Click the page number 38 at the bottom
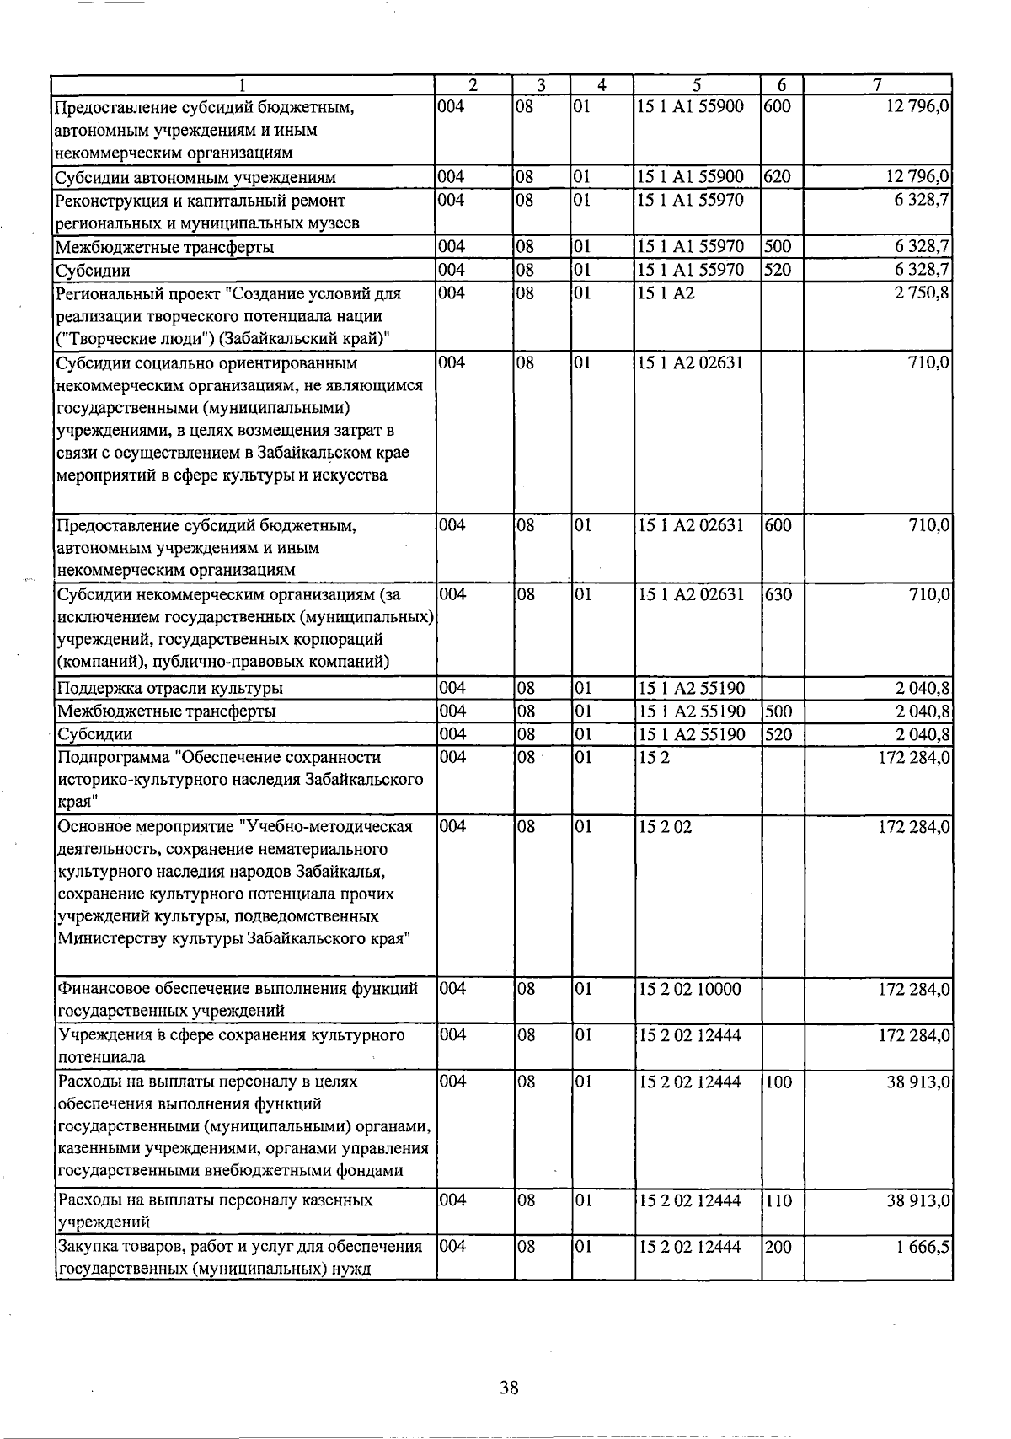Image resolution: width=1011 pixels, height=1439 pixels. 508,1387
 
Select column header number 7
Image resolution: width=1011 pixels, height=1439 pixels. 877,84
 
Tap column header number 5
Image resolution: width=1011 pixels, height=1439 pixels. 698,84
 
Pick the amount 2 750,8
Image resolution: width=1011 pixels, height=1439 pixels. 921,294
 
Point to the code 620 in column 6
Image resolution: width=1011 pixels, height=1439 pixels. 778,177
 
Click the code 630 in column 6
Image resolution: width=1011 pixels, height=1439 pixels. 778,594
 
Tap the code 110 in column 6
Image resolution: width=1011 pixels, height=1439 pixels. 778,1200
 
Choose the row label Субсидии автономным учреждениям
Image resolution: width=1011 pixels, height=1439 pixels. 195,178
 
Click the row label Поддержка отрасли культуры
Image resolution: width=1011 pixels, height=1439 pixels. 169,688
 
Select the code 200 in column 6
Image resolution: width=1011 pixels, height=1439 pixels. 778,1246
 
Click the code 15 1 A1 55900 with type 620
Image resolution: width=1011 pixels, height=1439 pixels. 690,177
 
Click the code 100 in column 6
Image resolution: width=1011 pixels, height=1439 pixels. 778,1081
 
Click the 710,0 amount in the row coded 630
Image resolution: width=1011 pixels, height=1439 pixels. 930,594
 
